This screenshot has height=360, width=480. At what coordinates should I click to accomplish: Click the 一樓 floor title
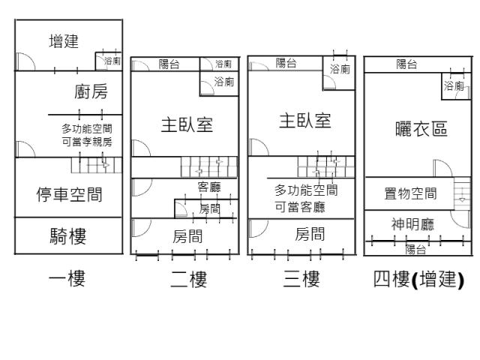pos(67,280)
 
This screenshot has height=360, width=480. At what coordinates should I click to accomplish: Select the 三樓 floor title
pos(302,280)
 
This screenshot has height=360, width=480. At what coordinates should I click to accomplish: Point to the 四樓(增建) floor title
pos(418,280)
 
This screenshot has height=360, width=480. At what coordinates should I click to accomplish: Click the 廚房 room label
pos(91,92)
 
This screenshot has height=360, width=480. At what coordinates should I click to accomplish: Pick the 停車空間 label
pos(70,196)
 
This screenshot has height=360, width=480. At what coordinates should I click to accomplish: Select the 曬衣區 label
pos(421,129)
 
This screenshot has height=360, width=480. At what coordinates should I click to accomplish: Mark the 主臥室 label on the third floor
pos(305,121)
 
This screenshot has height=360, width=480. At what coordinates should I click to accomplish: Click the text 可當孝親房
pos(87,142)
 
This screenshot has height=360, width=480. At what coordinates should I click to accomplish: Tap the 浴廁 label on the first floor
pos(112,60)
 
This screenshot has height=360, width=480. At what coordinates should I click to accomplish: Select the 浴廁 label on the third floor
pos(340,69)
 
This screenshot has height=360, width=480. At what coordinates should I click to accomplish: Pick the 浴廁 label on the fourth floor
pos(454,86)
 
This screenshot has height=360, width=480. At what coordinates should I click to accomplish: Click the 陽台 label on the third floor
pos(286,64)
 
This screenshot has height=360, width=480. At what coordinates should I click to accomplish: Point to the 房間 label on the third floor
pos(310,232)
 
